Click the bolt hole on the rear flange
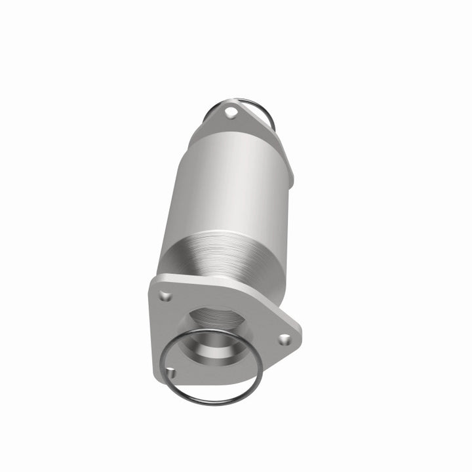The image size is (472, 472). [230, 113]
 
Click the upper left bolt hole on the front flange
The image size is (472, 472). [165, 296]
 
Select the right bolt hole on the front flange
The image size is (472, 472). [283, 340]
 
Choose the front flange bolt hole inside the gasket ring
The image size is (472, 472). [172, 373]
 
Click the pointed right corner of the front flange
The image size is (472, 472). [301, 341]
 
